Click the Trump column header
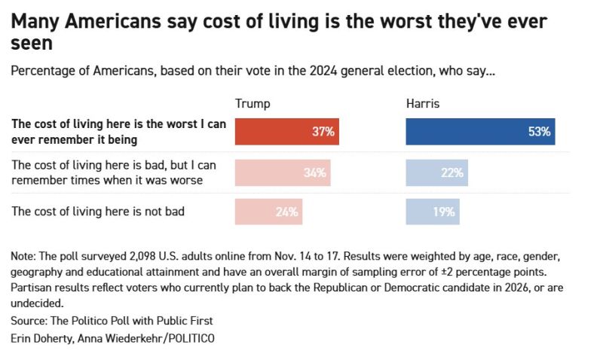tap(253, 104)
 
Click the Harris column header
tap(423, 104)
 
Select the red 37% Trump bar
tap(287, 132)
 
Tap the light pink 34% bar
tap(283, 172)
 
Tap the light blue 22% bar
tap(437, 172)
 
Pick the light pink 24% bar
tap(269, 212)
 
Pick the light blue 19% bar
tap(433, 212)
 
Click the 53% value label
tap(540, 132)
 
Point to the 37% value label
tap(323, 132)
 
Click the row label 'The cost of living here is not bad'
tap(98, 212)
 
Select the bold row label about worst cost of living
tap(119, 132)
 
